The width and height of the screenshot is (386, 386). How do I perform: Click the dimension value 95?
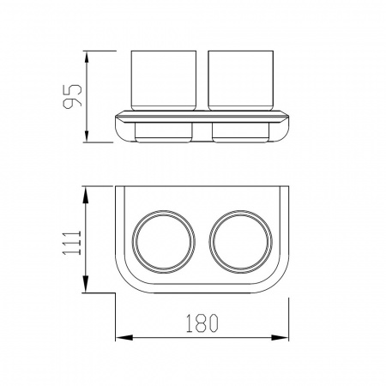(72, 97)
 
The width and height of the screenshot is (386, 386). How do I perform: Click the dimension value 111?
(72, 243)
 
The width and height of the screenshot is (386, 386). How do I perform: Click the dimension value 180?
(202, 323)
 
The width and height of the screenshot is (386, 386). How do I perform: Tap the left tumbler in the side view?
(164, 81)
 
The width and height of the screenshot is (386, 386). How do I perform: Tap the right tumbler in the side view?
(241, 81)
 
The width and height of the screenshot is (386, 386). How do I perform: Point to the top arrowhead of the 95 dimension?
(86, 59)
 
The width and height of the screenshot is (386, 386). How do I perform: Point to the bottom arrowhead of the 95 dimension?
(86, 134)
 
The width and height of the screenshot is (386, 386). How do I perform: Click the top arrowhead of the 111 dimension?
(86, 195)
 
